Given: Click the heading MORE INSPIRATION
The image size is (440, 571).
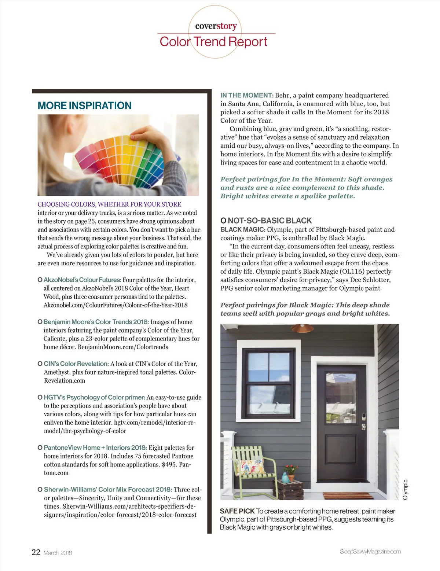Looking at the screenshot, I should pyautogui.click(x=84, y=106).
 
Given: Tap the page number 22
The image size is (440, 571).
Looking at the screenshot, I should pyautogui.click(x=36, y=552).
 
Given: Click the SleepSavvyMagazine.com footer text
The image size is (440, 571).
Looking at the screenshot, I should pyautogui.click(x=370, y=551).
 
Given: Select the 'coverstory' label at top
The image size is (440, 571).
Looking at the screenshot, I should pyautogui.click(x=216, y=26).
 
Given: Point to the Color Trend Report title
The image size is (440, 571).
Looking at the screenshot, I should pyautogui.click(x=213, y=42).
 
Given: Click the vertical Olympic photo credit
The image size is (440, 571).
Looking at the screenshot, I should pyautogui.click(x=405, y=489).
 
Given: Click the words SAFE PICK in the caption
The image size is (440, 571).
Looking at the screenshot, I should pyautogui.click(x=237, y=511).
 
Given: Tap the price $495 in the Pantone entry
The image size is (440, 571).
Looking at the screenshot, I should pyautogui.click(x=169, y=464).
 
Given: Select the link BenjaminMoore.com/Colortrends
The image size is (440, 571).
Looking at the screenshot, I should pyautogui.click(x=123, y=347).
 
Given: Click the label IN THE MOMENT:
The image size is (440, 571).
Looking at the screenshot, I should pyautogui.click(x=247, y=95).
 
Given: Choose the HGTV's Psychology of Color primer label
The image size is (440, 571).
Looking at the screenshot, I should pyautogui.click(x=94, y=397).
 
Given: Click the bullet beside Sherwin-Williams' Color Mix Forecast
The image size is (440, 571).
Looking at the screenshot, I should pyautogui.click(x=40, y=490).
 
